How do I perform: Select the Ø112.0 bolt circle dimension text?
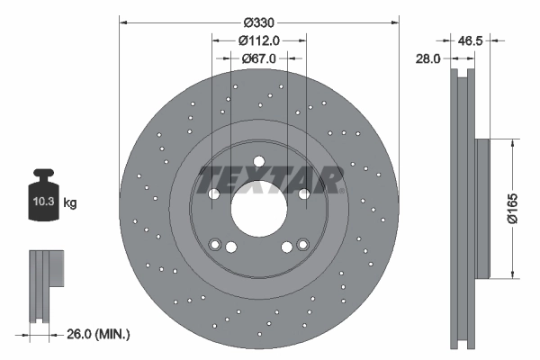[x=259, y=40]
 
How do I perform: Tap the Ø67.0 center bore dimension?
[x=259, y=58]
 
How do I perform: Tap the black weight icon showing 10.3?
[x=43, y=201]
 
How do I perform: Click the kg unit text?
[x=70, y=203]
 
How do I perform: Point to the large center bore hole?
[x=258, y=211]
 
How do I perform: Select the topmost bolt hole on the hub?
[x=258, y=162]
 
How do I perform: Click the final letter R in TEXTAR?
[x=330, y=179]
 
